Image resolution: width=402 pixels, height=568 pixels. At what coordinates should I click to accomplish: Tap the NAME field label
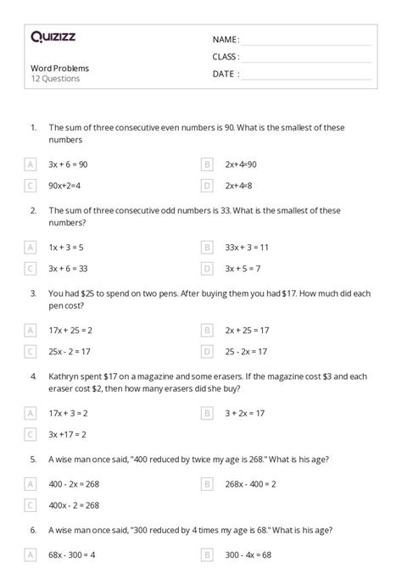(x=226, y=40)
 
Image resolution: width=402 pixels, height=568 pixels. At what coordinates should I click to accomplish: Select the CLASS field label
(x=226, y=57)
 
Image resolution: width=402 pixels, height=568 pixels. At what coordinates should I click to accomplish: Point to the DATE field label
(x=225, y=74)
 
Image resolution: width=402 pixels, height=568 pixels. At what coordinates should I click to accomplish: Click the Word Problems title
(x=59, y=68)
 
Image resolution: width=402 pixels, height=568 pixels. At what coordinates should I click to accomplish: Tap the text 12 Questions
(x=55, y=79)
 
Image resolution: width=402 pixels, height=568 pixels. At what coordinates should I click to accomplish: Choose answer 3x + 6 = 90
(x=68, y=164)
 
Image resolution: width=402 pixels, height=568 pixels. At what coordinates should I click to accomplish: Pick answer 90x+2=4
(x=66, y=185)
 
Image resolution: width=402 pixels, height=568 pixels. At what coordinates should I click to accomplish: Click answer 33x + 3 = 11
(x=247, y=247)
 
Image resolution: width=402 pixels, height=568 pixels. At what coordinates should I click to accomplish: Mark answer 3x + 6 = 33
(x=68, y=268)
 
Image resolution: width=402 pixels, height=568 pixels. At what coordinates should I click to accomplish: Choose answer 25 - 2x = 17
(x=246, y=351)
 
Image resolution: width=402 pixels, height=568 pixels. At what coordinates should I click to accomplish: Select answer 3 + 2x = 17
(x=245, y=413)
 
